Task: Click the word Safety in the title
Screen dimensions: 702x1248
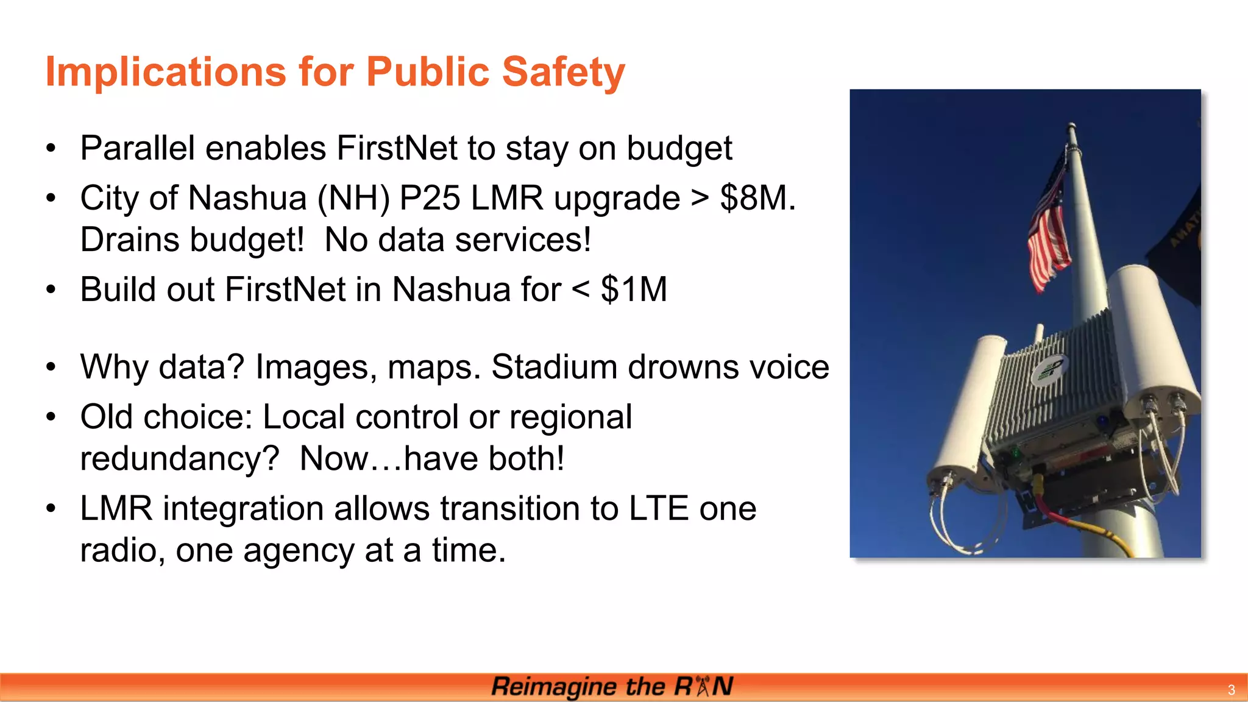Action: (x=563, y=73)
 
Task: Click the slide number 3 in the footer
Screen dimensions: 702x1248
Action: (x=1231, y=690)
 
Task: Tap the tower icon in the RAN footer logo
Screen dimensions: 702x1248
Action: (x=703, y=686)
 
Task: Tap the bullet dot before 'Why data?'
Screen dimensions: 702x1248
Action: (x=51, y=367)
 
